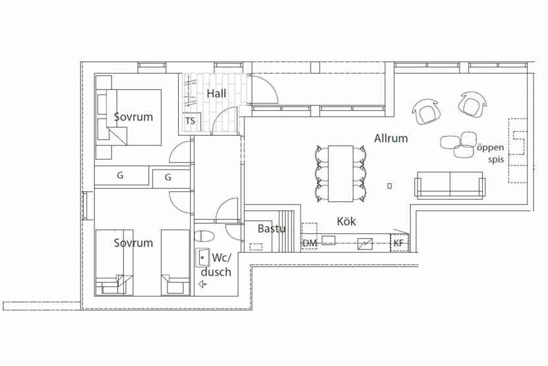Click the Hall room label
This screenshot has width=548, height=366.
(x=216, y=94)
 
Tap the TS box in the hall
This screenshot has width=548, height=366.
(x=191, y=121)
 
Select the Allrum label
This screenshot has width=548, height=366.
(x=391, y=138)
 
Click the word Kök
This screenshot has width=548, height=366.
(x=346, y=222)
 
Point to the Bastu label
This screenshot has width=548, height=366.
(x=272, y=229)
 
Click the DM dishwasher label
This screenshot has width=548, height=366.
(x=309, y=243)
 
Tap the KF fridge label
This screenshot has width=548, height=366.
(x=398, y=243)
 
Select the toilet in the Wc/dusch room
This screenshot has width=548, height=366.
(x=204, y=236)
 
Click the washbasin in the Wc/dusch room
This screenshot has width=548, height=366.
(x=202, y=258)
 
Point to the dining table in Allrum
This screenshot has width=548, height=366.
(x=340, y=173)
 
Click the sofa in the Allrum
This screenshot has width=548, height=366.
(x=450, y=185)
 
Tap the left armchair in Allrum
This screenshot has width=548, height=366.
(x=425, y=111)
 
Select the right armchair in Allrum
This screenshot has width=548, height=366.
(x=472, y=104)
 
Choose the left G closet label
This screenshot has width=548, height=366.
(x=120, y=175)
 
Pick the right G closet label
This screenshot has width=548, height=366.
(x=167, y=177)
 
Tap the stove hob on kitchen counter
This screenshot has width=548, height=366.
(x=365, y=243)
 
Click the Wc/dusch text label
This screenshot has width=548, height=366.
(x=216, y=265)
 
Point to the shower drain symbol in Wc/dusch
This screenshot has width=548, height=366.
(x=202, y=284)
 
